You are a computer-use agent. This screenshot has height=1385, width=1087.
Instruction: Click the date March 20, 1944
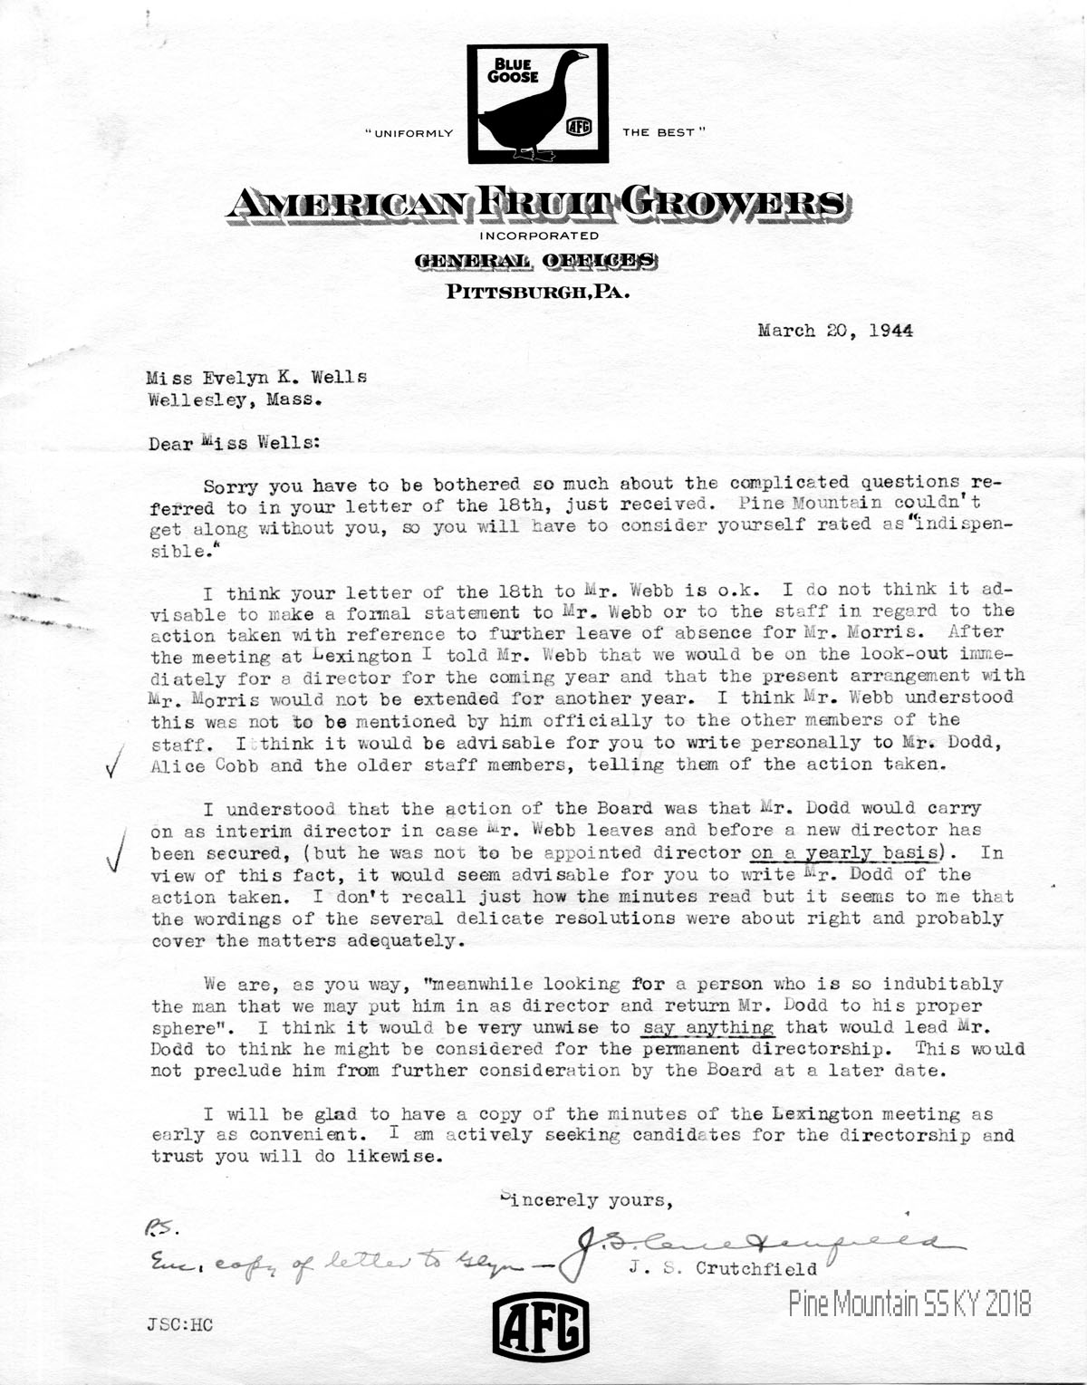coord(835,331)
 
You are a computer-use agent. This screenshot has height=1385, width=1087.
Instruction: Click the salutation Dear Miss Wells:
coord(235,444)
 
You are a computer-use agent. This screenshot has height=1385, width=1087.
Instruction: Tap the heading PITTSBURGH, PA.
coord(538,293)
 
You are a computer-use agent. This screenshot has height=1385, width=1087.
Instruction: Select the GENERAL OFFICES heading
coord(537,262)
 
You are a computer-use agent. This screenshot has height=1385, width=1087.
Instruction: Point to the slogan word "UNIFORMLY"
coord(408,133)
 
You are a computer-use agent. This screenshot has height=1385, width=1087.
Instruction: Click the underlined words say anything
coord(707,1027)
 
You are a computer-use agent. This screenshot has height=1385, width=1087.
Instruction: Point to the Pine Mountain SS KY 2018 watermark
coord(909,1304)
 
